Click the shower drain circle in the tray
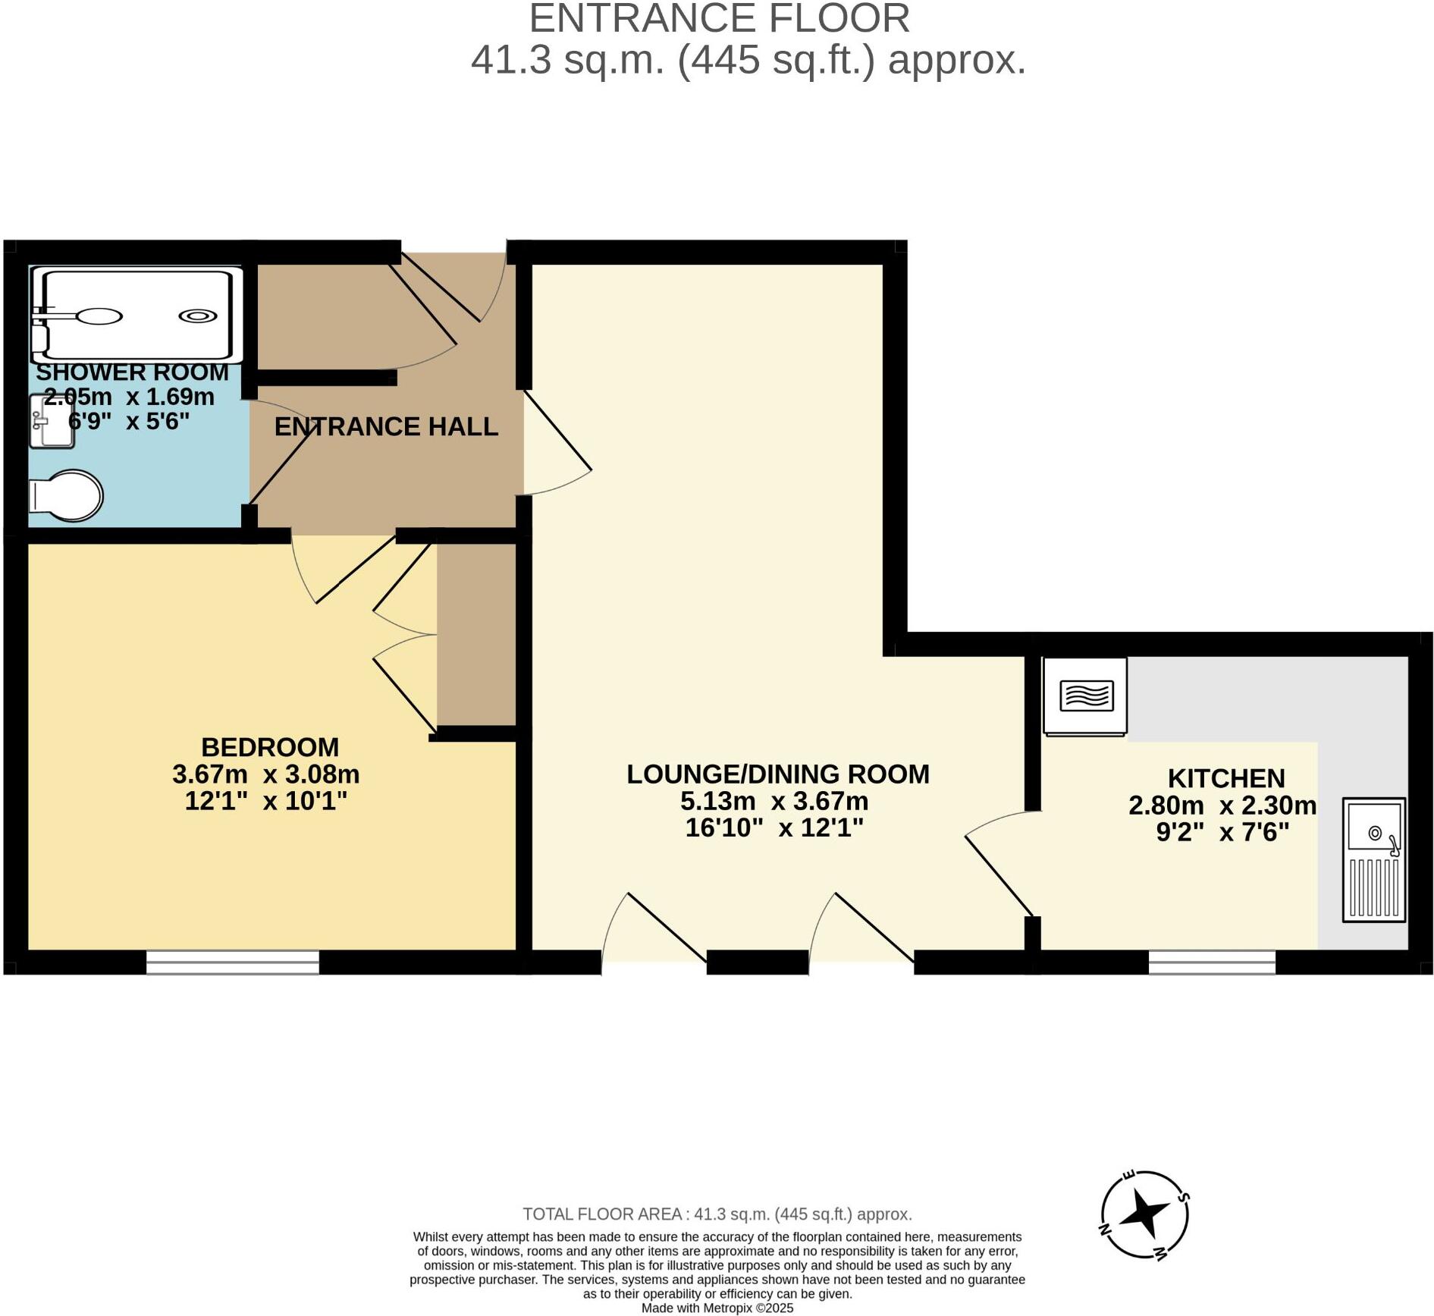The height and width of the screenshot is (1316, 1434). tap(198, 316)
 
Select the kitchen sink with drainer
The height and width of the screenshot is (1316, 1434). tap(1373, 859)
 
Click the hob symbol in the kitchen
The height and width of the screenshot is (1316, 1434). tap(1085, 696)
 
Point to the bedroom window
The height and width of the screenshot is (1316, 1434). tap(233, 962)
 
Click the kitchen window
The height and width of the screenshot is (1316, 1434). tap(1212, 962)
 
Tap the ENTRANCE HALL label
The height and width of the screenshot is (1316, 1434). tap(386, 427)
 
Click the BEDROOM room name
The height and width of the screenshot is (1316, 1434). tap(270, 747)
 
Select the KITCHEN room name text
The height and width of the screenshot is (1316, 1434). tap(1226, 778)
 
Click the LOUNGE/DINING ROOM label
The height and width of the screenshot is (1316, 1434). tap(778, 774)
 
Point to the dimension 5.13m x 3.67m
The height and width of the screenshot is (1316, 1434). tap(774, 801)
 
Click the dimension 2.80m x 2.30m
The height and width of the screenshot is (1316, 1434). tap(1222, 805)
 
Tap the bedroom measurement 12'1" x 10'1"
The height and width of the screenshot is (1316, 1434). tap(266, 801)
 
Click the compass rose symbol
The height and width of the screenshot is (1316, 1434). tap(1144, 1214)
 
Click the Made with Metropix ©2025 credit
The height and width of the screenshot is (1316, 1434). tap(717, 1308)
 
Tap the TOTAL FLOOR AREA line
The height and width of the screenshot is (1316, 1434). tap(717, 1214)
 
